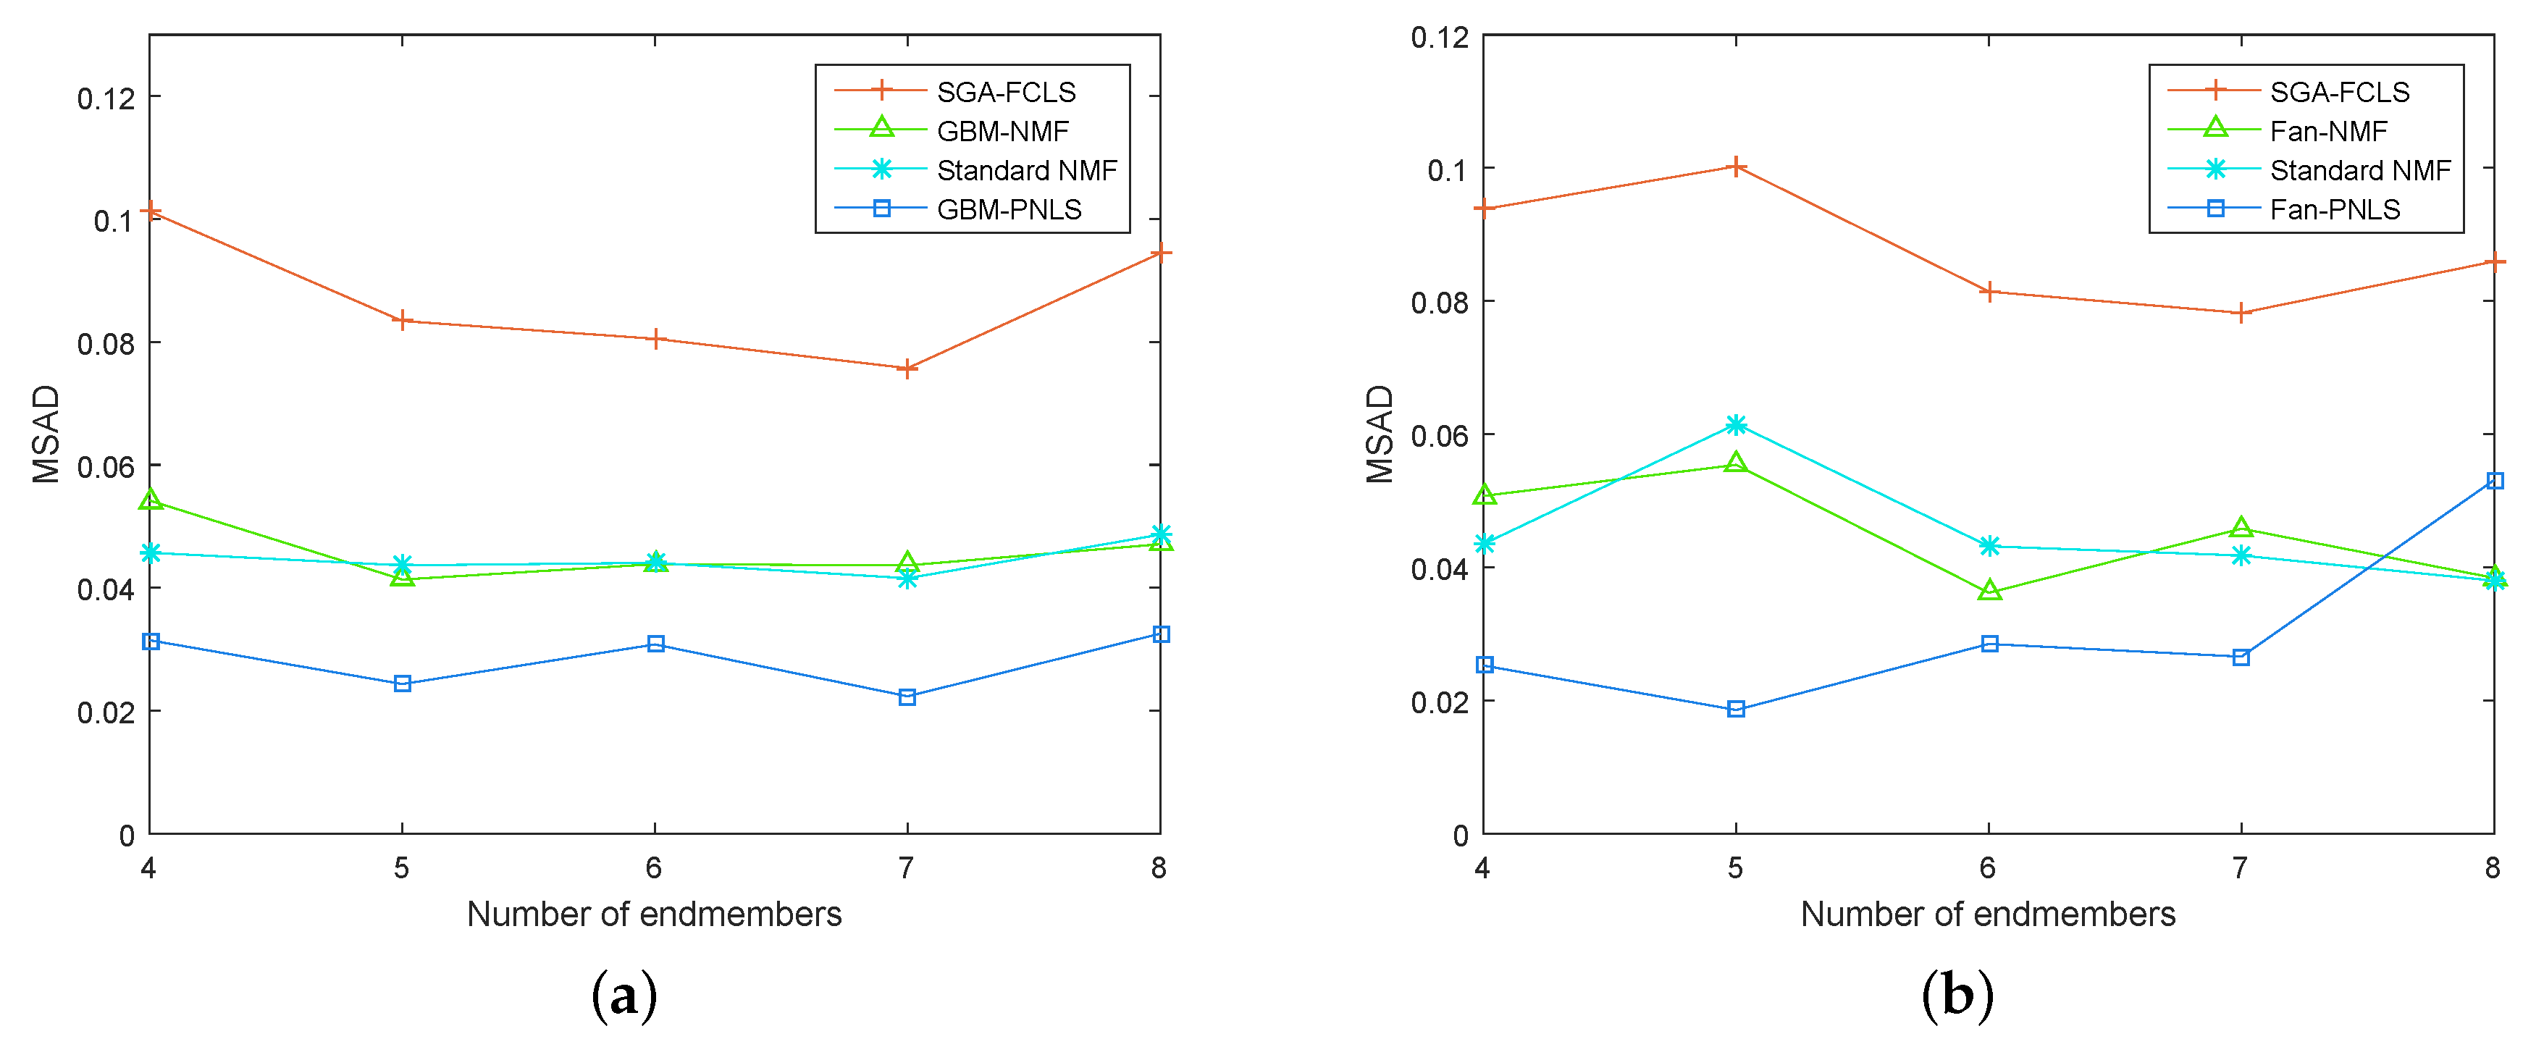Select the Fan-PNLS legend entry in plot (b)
point(2334,209)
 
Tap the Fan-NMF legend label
point(2328,130)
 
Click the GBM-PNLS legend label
point(1009,209)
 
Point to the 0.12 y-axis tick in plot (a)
point(106,98)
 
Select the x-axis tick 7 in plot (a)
point(907,867)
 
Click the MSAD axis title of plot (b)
point(1379,434)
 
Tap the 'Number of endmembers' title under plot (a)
point(654,914)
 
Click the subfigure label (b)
point(1957,995)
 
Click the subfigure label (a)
point(624,995)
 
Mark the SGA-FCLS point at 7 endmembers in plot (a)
point(907,369)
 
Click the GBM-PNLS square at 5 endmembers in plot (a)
point(403,684)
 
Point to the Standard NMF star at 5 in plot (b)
point(1736,424)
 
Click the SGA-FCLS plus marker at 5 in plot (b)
point(1736,167)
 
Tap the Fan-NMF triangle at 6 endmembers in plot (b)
point(1989,592)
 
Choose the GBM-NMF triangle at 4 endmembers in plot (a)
point(150,500)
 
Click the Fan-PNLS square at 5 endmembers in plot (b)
point(1736,709)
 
